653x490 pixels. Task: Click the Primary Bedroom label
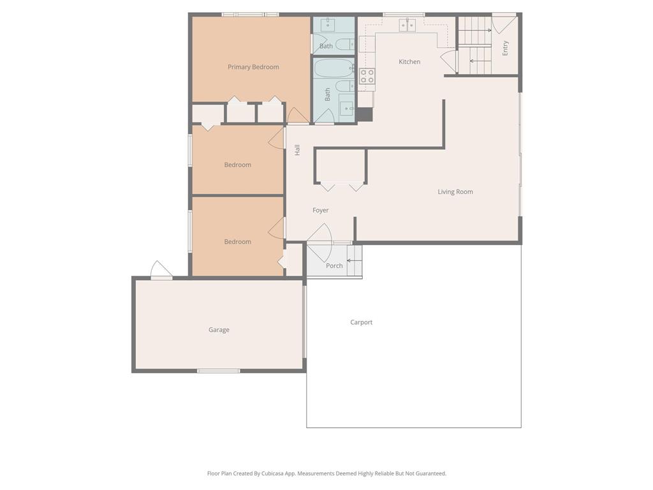pyautogui.click(x=253, y=67)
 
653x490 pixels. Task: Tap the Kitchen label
pyautogui.click(x=409, y=62)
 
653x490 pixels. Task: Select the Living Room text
pyautogui.click(x=455, y=191)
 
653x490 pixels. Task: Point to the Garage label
pyautogui.click(x=219, y=330)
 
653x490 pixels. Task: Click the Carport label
pyautogui.click(x=361, y=322)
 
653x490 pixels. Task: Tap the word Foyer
pyautogui.click(x=320, y=211)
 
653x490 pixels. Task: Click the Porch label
pyautogui.click(x=334, y=266)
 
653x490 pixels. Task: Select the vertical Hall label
pyautogui.click(x=297, y=150)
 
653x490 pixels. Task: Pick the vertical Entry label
pyautogui.click(x=505, y=48)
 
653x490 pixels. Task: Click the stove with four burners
pyautogui.click(x=367, y=77)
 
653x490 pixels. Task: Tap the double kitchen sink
pyautogui.click(x=407, y=25)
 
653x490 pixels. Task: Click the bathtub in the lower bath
pyautogui.click(x=334, y=68)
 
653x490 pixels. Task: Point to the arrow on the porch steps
pyautogui.click(x=354, y=261)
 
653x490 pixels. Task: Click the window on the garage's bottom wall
pyautogui.click(x=219, y=371)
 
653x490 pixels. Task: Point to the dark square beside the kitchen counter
pyautogui.click(x=364, y=115)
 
